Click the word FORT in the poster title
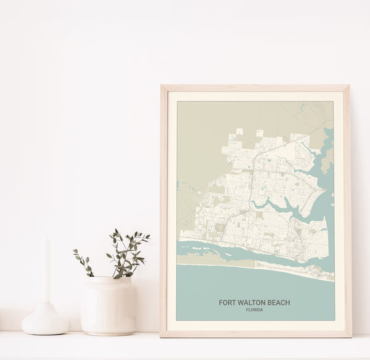226,303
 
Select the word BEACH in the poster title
278,303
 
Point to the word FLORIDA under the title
254,310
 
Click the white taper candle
46,272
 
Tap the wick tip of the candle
45,236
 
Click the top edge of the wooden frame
255,88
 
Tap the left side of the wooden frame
163,210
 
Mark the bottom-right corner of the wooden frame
349,335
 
